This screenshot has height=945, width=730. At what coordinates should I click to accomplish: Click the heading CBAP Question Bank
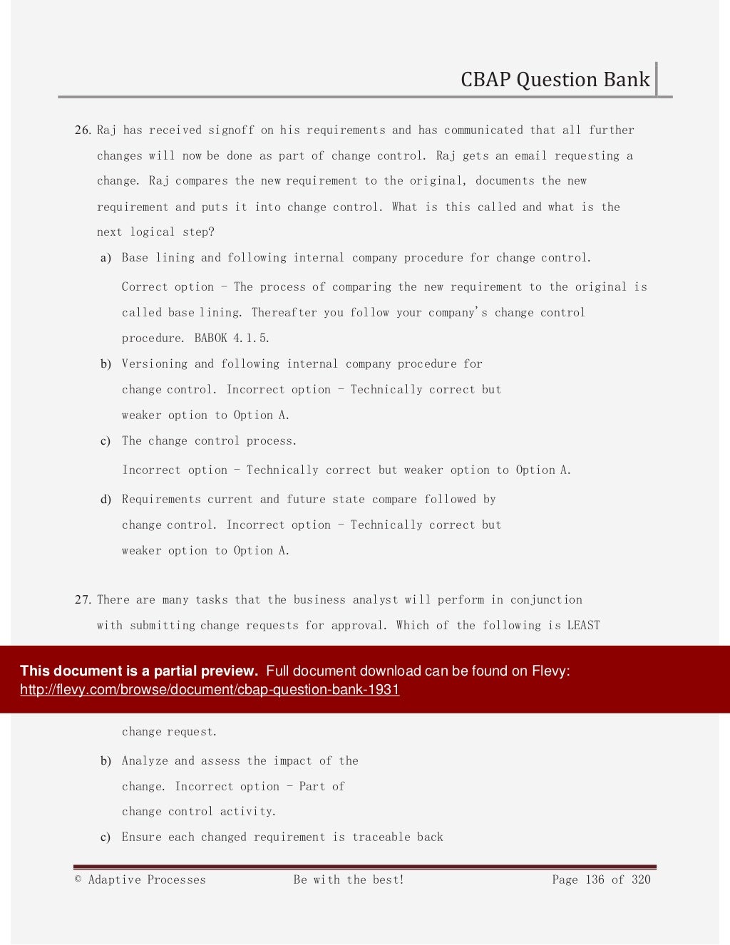click(x=555, y=79)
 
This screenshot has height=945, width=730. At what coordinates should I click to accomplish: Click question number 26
click(x=83, y=130)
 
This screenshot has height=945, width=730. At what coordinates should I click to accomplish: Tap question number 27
click(x=83, y=600)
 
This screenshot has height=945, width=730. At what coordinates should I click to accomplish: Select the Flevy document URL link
click(x=210, y=690)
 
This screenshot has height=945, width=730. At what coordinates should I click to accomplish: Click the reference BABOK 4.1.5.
click(x=232, y=339)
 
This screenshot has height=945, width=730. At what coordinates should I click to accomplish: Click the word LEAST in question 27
click(x=583, y=626)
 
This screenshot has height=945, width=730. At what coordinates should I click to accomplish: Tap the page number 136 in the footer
click(x=595, y=880)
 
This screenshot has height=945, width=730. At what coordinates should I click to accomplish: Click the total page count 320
click(x=641, y=880)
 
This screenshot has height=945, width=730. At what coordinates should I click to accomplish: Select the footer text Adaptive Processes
click(x=147, y=880)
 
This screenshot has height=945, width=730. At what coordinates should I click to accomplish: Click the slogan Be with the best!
click(x=349, y=880)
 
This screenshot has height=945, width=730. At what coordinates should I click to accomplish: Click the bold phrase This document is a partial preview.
click(x=139, y=671)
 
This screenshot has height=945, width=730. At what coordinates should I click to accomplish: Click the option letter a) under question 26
click(x=106, y=258)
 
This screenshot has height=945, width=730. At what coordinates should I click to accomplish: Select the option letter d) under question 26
click(x=106, y=500)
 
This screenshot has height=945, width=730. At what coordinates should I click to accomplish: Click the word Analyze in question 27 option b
click(x=144, y=761)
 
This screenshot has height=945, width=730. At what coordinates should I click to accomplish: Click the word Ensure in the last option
click(x=141, y=837)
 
